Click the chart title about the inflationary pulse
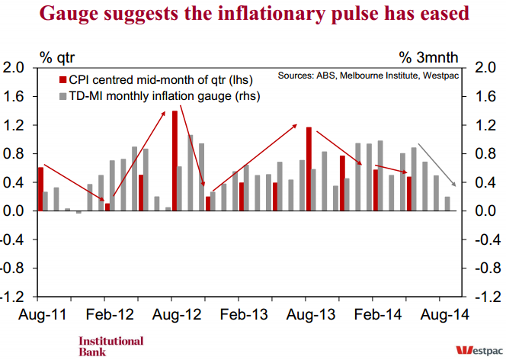(252, 14)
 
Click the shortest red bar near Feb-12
(107, 206)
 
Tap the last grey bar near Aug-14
(447, 203)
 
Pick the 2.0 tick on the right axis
(485, 69)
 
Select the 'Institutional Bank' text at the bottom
(110, 346)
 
